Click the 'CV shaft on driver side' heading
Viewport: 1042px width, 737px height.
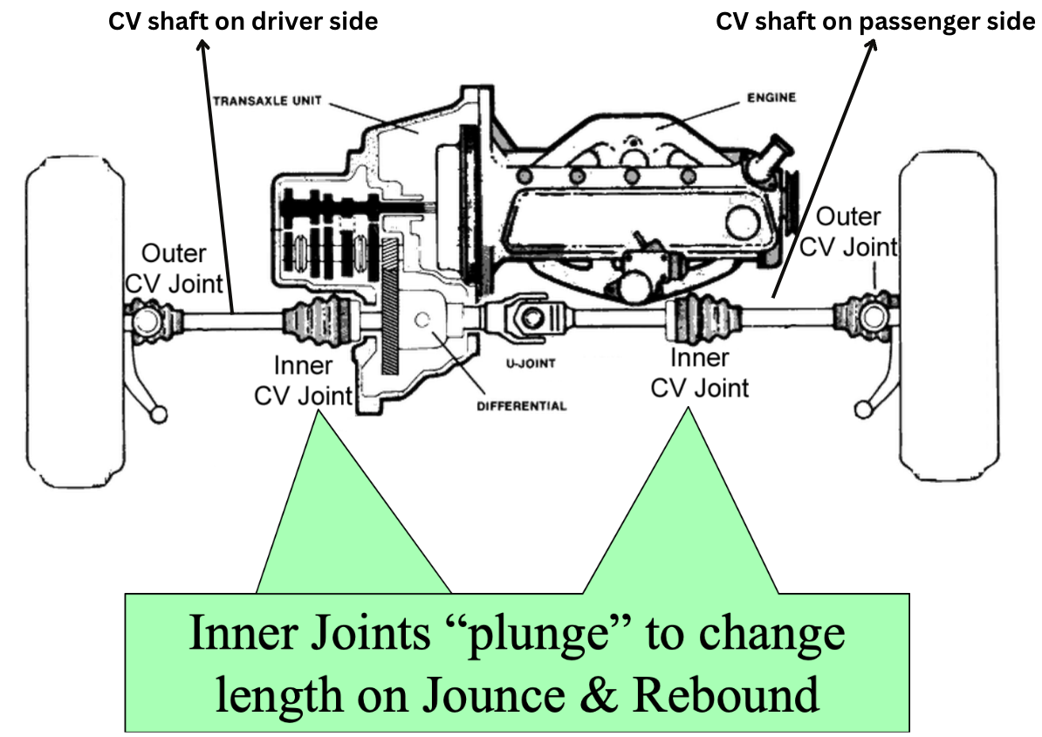pos(243,22)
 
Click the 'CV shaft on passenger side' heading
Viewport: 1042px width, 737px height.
pos(874,22)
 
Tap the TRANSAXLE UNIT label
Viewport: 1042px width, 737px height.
pos(263,100)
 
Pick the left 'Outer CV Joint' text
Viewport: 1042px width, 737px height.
pos(175,269)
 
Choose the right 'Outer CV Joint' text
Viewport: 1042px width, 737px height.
pos(847,231)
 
